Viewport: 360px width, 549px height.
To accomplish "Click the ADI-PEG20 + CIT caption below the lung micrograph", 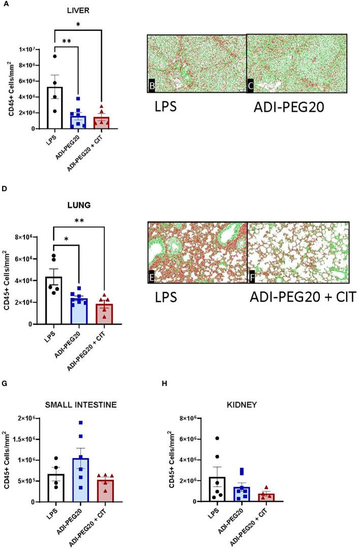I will point(304,296).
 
